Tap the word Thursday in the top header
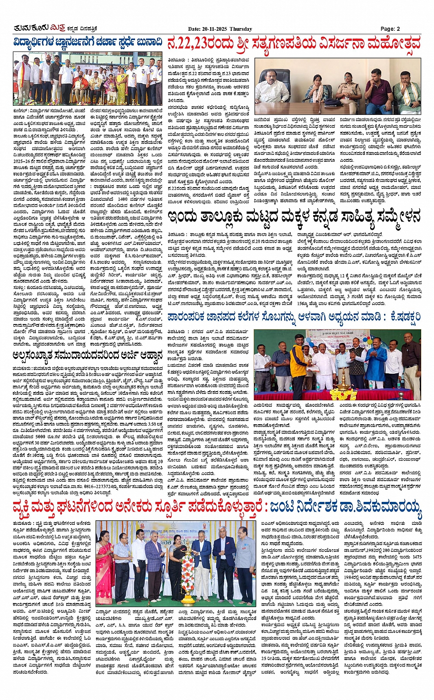click(x=241, y=29)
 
